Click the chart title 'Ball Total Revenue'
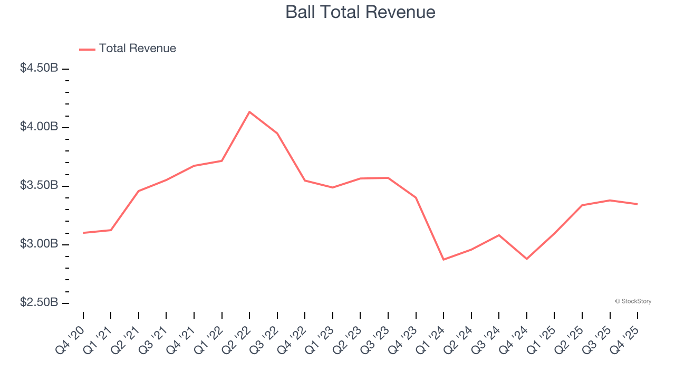[x=360, y=12]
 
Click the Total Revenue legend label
[x=137, y=49]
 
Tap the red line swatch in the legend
[x=87, y=49]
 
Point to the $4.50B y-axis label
[x=39, y=68]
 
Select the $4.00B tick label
[x=39, y=127]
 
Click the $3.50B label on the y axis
[x=39, y=185]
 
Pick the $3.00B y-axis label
[x=39, y=244]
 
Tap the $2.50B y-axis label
[x=39, y=302]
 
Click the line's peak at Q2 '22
[x=249, y=112]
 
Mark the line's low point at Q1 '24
[x=443, y=260]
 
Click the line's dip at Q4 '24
[x=527, y=259]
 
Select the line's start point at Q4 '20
[x=83, y=233]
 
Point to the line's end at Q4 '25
[x=637, y=204]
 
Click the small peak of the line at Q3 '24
[x=499, y=235]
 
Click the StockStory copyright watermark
[x=633, y=301]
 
